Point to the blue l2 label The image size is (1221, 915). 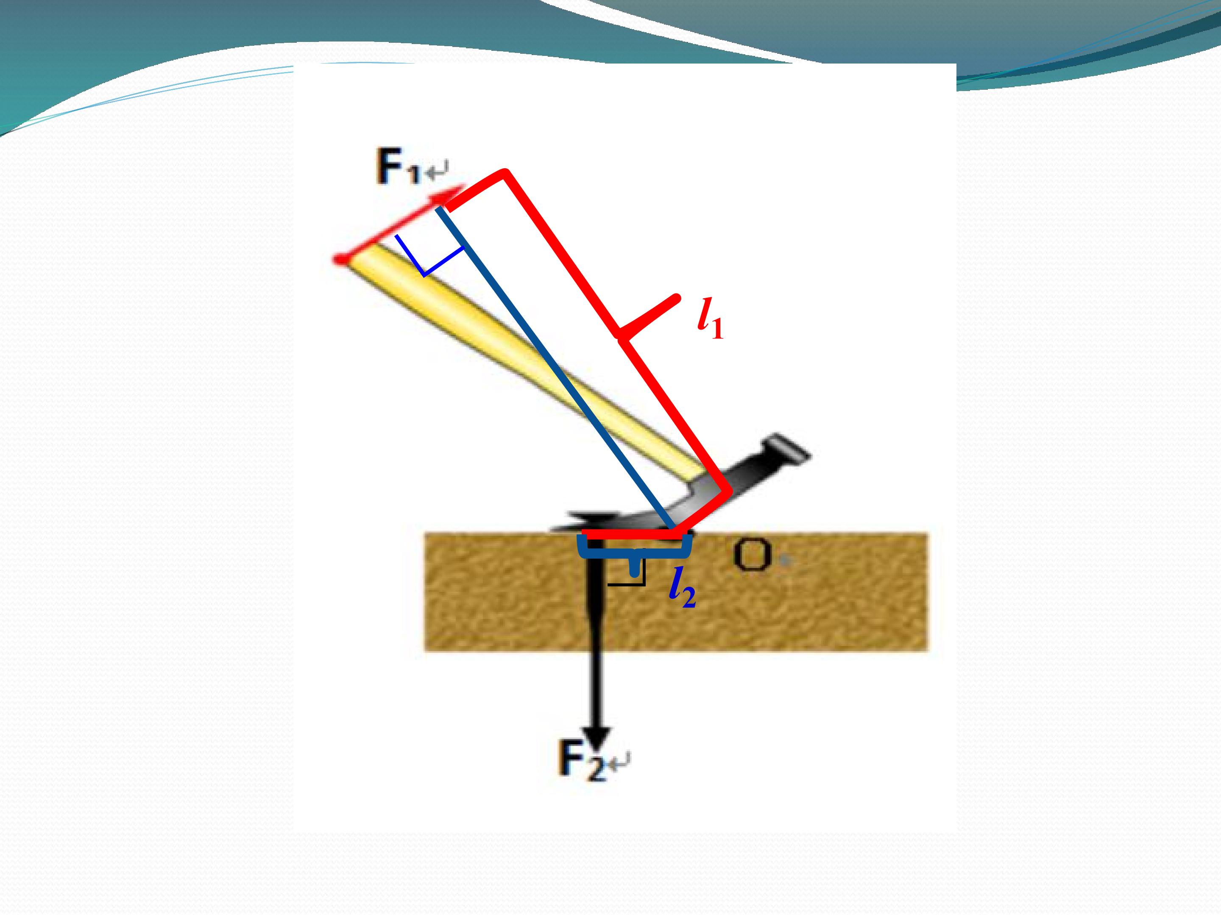pyautogui.click(x=682, y=591)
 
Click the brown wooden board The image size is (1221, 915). pyautogui.click(x=676, y=591)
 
